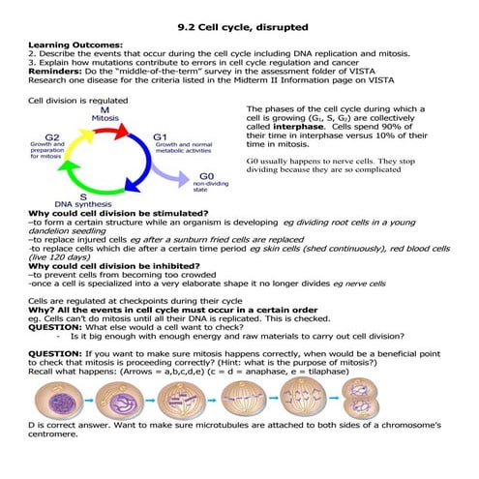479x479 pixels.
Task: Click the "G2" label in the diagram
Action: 52,138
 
